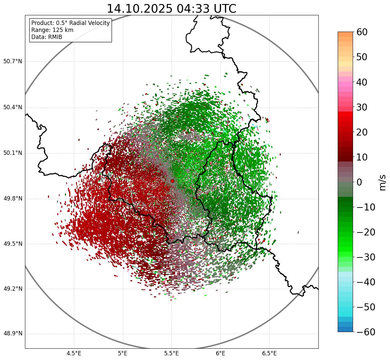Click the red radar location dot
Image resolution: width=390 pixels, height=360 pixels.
pyautogui.click(x=172, y=181)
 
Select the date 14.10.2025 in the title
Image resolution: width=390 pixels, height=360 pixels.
pyautogui.click(x=140, y=9)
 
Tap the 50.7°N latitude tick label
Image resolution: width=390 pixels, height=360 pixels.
pyautogui.click(x=13, y=62)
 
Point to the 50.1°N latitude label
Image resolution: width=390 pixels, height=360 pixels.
pyautogui.click(x=13, y=153)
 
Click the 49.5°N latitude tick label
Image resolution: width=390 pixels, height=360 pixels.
pyautogui.click(x=13, y=244)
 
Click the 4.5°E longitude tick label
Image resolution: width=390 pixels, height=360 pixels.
pyautogui.click(x=74, y=353)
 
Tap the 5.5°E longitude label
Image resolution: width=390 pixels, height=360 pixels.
pyautogui.click(x=172, y=353)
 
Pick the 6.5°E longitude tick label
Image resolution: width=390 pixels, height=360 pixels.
pyautogui.click(x=269, y=353)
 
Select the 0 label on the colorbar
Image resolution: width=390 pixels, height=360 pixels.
pyautogui.click(x=359, y=182)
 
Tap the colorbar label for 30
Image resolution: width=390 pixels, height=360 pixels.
pyautogui.click(x=362, y=107)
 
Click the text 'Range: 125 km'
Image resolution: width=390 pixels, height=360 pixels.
pyautogui.click(x=52, y=30)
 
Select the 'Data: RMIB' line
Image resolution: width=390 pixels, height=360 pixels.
pyautogui.click(x=47, y=37)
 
